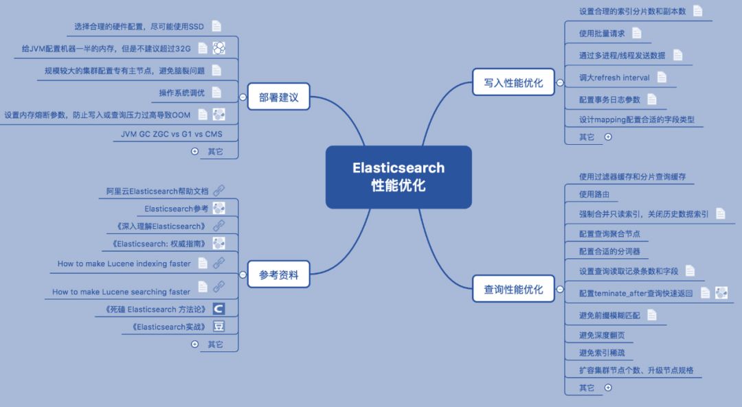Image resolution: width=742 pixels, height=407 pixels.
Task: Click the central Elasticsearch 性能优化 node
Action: point(398,176)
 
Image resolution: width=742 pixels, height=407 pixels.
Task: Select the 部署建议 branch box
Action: point(279,97)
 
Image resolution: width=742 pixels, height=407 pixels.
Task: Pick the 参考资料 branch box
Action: point(279,275)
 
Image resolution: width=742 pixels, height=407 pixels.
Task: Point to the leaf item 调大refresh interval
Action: point(614,78)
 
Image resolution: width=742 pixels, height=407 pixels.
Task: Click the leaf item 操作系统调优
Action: point(181,93)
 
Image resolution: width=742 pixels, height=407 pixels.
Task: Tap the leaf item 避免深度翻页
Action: point(602,335)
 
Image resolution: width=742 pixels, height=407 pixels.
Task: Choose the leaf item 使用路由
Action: point(594,194)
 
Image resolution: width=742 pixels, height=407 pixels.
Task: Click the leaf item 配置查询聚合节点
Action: point(609,233)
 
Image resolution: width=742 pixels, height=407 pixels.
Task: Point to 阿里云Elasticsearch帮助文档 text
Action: point(157,191)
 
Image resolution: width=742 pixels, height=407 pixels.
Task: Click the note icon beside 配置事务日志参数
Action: point(652,100)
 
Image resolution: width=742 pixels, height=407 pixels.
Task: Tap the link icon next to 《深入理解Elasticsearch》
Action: point(218,226)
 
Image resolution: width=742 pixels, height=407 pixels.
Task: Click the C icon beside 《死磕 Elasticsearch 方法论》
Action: point(218,309)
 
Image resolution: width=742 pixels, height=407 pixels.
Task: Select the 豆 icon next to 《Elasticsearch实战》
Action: point(218,327)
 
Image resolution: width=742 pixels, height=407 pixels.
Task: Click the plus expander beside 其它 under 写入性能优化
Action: point(607,137)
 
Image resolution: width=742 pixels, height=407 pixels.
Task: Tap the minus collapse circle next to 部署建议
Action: point(243,97)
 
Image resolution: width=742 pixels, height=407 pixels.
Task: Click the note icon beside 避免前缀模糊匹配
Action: point(652,315)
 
